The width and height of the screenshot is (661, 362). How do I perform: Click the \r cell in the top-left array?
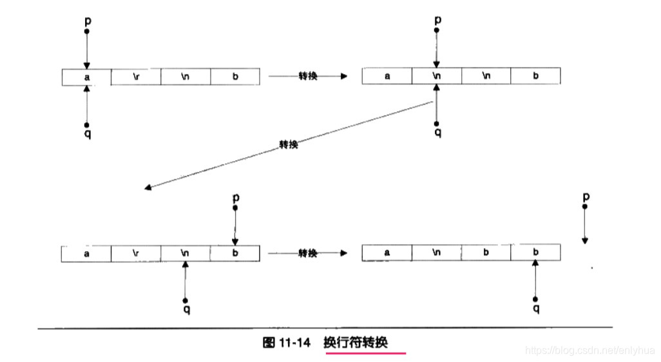coord(136,76)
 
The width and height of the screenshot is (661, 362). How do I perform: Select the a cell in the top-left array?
coord(86,77)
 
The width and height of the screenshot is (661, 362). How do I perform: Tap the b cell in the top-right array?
coord(535,76)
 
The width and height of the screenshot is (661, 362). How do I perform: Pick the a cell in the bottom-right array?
coord(387,252)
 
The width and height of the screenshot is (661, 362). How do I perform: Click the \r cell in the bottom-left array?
coord(136,253)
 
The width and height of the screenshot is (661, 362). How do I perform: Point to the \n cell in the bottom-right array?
coord(437,252)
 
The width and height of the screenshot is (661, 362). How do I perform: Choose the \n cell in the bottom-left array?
coord(186,253)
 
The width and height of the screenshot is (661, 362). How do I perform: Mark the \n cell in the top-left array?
coord(186,76)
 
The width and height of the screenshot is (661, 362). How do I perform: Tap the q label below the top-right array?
coord(437,133)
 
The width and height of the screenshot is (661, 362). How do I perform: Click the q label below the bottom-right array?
coord(536,309)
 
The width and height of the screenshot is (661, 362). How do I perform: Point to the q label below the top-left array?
coord(88,134)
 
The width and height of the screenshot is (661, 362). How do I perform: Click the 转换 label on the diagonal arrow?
coord(289,145)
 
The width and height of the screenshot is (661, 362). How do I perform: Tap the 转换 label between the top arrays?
coord(307,77)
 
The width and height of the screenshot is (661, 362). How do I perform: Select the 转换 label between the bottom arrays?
coord(307,253)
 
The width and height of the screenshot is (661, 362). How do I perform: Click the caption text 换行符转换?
coord(365,342)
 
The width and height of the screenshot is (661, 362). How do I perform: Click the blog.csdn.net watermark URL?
coord(589,350)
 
